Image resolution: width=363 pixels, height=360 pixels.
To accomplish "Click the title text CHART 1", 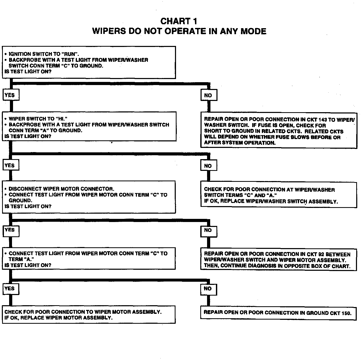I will pos(179,21).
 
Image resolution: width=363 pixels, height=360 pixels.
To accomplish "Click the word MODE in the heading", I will pos(253,31).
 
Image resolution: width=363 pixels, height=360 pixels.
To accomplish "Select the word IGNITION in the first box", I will pos(20,54).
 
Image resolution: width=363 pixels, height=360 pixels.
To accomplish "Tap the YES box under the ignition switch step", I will pos(10,95).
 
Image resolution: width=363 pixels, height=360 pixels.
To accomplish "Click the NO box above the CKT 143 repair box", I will pos(208,95).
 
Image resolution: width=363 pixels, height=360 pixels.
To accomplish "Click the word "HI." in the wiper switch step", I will pos(62,119).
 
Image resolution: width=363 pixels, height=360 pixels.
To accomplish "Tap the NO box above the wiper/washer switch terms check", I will pos(208,166).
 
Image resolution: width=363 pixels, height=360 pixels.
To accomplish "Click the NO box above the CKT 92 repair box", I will pos(208,230).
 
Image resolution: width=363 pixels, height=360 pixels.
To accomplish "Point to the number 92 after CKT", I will pos(321,254).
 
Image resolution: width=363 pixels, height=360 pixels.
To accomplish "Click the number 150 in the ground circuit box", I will pos(346,313).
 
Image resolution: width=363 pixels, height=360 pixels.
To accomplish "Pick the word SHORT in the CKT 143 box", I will pos(212,131).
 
